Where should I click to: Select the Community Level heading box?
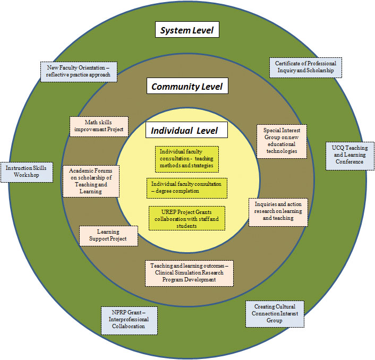(x=187, y=87)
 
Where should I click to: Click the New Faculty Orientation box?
(x=78, y=71)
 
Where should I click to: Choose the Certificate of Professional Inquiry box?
(x=305, y=67)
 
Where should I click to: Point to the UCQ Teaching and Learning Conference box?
(x=349, y=155)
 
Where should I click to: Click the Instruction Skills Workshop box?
(x=27, y=172)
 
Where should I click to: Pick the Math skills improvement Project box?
(x=99, y=126)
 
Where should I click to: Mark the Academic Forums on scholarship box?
(x=91, y=181)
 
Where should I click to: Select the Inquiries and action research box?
(x=278, y=211)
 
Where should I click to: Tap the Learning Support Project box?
(x=108, y=236)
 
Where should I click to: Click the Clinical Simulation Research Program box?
(x=190, y=273)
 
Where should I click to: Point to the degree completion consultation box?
(x=187, y=187)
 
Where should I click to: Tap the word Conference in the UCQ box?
(x=349, y=162)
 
